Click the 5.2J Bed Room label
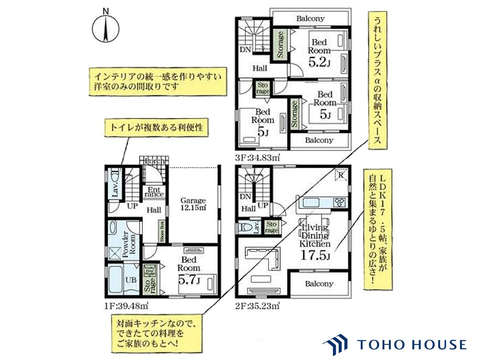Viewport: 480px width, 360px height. tap(319, 62)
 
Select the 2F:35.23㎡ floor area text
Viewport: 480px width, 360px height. tap(258, 306)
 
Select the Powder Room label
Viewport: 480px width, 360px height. tap(129, 244)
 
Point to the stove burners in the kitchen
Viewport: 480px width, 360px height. tap(340, 202)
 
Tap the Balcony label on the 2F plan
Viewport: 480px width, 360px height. tap(319, 283)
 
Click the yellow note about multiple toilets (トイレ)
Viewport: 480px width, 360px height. tap(156, 127)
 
